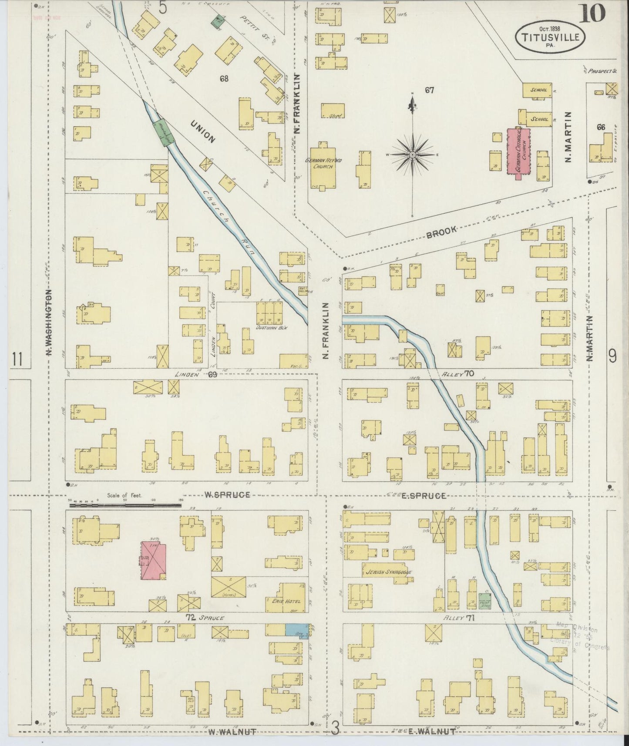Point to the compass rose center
coord(412,155)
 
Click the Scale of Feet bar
coord(125,505)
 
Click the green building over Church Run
coord(163,133)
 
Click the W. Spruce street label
coord(227,495)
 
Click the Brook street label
coord(442,232)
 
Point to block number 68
coord(224,79)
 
